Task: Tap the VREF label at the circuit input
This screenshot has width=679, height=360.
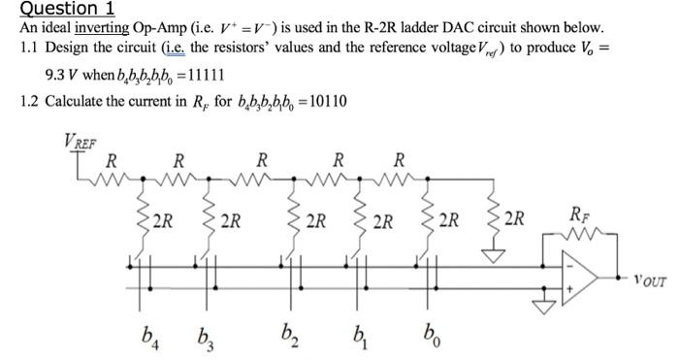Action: tap(81, 138)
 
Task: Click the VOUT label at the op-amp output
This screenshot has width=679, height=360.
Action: tap(649, 282)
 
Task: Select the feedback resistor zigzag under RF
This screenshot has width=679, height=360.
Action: tap(578, 236)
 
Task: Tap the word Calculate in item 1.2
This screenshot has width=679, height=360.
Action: tap(77, 102)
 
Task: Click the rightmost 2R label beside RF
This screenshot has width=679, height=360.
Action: tap(515, 218)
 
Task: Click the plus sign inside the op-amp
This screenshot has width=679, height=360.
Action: tap(570, 288)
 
